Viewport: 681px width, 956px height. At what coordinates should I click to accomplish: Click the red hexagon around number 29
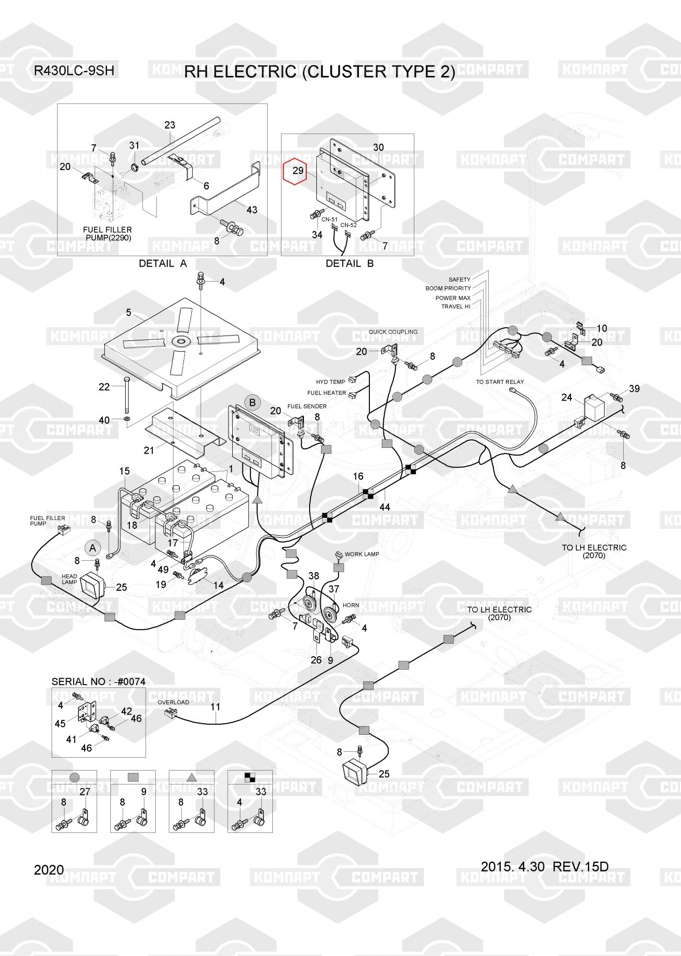[298, 171]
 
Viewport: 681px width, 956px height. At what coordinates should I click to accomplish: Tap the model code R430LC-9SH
[74, 71]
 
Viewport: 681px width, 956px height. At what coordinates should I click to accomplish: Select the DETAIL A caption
[162, 263]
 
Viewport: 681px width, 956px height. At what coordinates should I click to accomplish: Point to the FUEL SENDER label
[307, 406]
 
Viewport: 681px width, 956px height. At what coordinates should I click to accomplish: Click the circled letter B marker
[252, 402]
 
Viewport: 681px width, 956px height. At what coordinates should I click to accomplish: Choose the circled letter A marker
[93, 548]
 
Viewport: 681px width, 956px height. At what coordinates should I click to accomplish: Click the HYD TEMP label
[330, 382]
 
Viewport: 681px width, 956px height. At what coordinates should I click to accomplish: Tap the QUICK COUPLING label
[393, 332]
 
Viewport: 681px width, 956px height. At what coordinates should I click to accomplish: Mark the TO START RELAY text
[500, 382]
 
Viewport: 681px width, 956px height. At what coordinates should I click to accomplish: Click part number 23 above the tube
[170, 125]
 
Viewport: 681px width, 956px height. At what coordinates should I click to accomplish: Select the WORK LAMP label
[362, 554]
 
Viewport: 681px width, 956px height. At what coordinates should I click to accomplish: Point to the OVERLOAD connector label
[173, 702]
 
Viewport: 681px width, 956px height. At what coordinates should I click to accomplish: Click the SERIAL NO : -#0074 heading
[98, 682]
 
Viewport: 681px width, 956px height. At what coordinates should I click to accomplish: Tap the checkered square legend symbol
[250, 778]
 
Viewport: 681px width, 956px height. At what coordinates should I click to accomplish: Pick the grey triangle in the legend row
[191, 778]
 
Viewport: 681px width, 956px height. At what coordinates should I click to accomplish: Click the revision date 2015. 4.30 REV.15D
[544, 867]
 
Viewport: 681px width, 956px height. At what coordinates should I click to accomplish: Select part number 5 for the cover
[129, 313]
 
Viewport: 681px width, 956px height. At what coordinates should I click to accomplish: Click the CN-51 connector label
[329, 219]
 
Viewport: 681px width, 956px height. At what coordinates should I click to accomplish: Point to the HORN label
[351, 605]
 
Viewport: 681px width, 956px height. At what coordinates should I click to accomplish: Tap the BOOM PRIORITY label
[448, 288]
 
